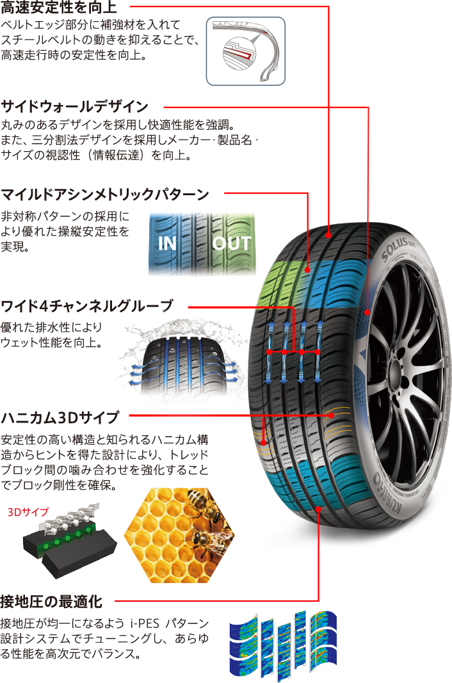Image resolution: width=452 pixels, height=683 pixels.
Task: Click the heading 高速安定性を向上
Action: tap(59, 7)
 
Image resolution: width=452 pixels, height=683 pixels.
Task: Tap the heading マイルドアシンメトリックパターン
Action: tap(106, 193)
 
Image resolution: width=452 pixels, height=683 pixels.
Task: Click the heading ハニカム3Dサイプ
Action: tap(60, 418)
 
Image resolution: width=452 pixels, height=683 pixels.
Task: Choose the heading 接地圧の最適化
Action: tap(52, 602)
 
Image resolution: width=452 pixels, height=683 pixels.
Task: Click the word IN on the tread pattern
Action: tap(168, 244)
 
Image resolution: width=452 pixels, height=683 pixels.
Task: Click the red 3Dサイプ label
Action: tap(28, 513)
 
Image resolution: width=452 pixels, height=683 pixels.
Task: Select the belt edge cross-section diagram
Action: tap(245, 51)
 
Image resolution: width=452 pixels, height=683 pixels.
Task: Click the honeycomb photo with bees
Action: tap(179, 535)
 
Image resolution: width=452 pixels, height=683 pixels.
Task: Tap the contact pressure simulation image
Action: tap(283, 645)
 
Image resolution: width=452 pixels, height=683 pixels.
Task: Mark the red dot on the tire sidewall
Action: tap(368, 312)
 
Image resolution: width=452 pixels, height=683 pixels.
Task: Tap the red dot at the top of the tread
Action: tap(329, 234)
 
